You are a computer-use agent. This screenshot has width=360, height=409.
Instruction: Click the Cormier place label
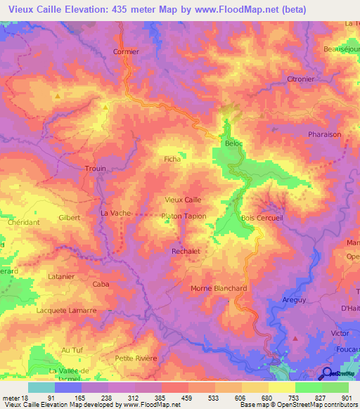127,51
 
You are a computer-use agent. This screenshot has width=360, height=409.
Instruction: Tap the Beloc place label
233,143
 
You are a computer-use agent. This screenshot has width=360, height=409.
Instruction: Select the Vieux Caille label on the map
183,200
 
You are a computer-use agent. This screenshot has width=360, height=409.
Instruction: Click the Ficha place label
172,160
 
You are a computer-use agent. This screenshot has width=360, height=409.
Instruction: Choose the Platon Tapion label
184,216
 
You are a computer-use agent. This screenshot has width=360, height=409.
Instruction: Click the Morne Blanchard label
219,288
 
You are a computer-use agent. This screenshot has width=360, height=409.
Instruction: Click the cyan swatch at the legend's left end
41,387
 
